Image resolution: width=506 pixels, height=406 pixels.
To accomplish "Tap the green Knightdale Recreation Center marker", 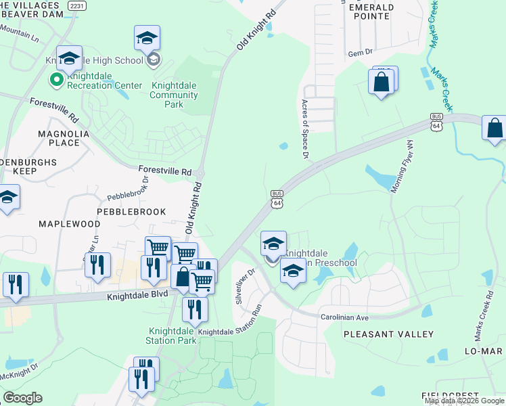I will pyautogui.click(x=55, y=81).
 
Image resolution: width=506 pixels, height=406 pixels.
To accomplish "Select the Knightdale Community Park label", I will pyautogui.click(x=175, y=95).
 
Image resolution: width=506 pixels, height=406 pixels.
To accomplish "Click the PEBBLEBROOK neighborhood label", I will pyautogui.click(x=131, y=212).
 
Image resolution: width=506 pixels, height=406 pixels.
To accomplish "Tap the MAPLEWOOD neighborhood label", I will pyautogui.click(x=69, y=223).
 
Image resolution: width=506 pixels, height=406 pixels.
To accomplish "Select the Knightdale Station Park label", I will pyautogui.click(x=172, y=336).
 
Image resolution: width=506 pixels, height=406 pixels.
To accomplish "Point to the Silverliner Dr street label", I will pyautogui.click(x=245, y=286).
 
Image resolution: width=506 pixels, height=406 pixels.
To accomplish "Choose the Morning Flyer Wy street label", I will pyautogui.click(x=400, y=166).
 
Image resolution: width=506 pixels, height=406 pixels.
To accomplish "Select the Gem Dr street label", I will pyautogui.click(x=361, y=53).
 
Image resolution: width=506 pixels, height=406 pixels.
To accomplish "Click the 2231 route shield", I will pyautogui.click(x=78, y=5).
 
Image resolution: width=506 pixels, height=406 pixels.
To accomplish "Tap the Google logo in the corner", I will pyautogui.click(x=22, y=398).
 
